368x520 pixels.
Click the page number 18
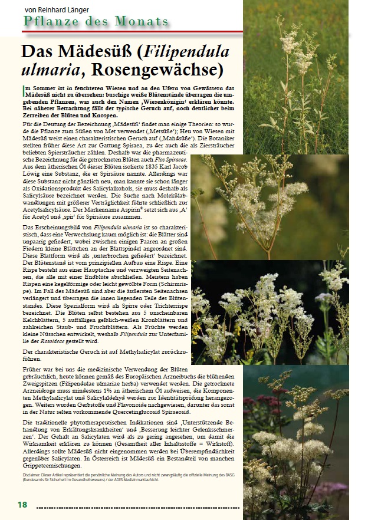tap(22, 505)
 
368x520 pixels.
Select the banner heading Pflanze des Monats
tap(96, 22)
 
